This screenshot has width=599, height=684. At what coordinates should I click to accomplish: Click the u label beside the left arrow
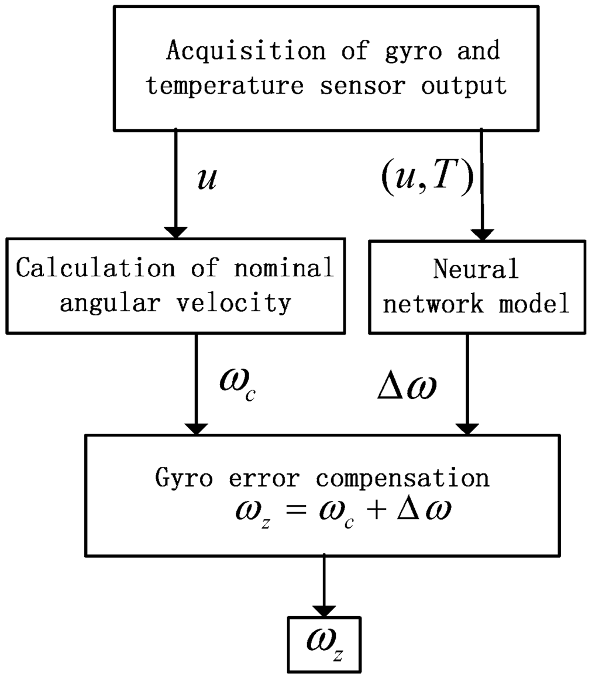(x=206, y=179)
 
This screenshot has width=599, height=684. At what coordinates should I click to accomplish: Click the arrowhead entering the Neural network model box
(x=481, y=233)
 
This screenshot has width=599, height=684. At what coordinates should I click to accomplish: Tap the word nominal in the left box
(x=286, y=268)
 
